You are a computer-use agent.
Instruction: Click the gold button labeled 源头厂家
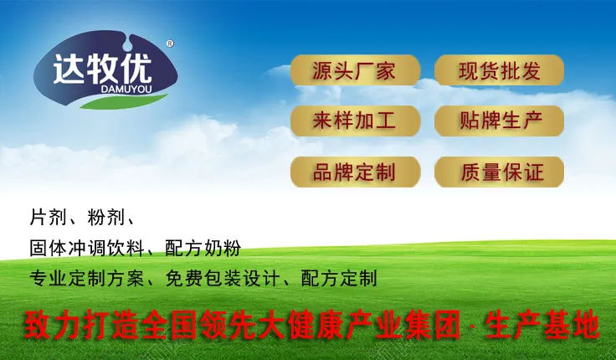tap(355, 70)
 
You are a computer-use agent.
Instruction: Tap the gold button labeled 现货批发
tap(499, 70)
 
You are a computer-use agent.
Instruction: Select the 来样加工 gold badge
tap(355, 121)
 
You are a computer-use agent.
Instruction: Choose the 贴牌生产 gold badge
tap(499, 121)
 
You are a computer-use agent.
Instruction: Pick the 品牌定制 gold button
tap(355, 172)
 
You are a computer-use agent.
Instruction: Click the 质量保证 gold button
tap(499, 172)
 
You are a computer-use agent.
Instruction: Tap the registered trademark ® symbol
tap(170, 44)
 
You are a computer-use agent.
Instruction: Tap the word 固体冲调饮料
tap(87, 249)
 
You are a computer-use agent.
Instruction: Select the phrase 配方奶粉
tap(203, 249)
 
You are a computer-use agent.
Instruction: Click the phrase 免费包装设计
tap(223, 279)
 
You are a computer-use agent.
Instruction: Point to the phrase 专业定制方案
tap(87, 279)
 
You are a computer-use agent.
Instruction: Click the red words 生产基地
tap(542, 325)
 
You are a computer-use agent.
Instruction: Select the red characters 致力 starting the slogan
tap(52, 325)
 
